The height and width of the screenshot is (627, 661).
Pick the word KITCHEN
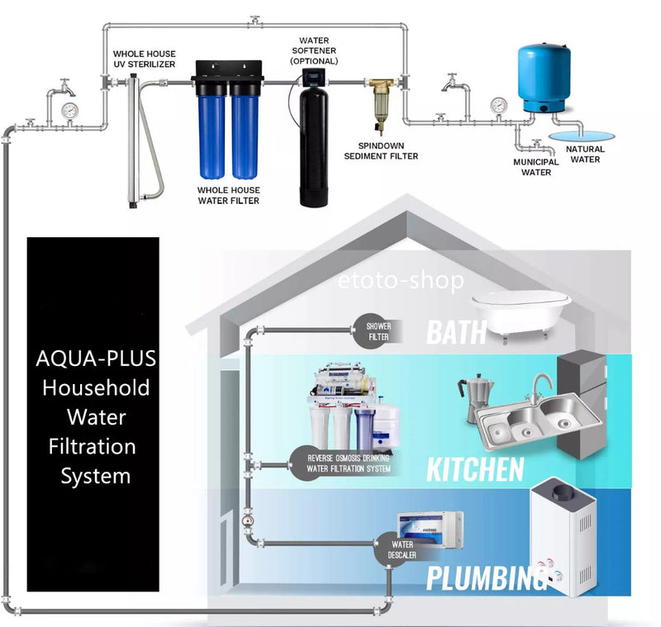tap(475, 469)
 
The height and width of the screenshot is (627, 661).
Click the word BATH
tap(457, 332)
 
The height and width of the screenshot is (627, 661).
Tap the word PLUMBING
tap(487, 578)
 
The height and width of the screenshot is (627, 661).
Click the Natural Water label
tap(585, 154)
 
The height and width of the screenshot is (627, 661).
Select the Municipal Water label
tap(535, 167)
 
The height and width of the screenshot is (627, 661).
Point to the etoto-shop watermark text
tap(401, 280)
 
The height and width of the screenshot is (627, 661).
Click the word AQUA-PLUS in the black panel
tap(96, 359)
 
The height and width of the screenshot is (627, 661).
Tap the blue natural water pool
tap(582, 135)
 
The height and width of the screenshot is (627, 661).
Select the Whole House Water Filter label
tap(229, 196)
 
